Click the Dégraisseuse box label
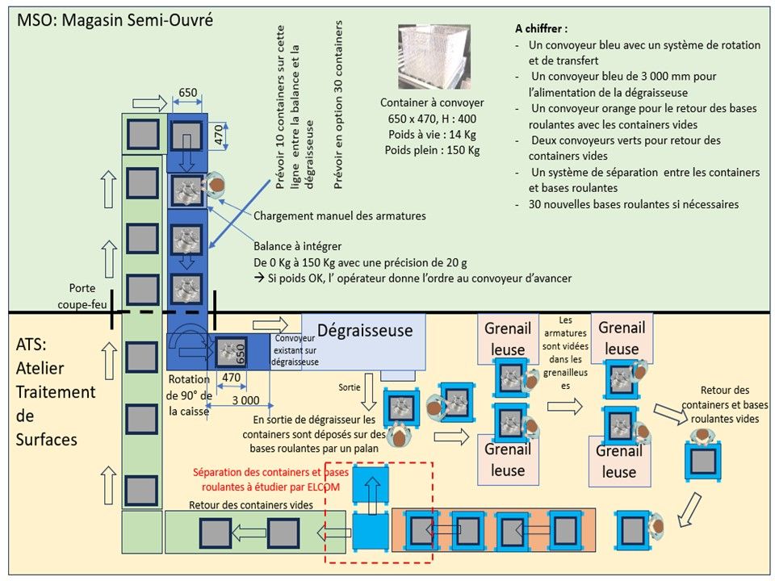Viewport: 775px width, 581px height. [x=365, y=330]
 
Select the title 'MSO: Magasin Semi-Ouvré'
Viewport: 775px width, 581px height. [x=115, y=20]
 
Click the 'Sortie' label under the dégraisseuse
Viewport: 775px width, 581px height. [x=349, y=387]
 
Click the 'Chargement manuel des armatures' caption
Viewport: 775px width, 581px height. [x=339, y=215]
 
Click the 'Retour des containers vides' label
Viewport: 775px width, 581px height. [x=251, y=505]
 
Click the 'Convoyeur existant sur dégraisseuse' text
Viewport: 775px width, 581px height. [x=295, y=351]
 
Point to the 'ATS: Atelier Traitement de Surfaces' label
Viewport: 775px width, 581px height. [x=55, y=391]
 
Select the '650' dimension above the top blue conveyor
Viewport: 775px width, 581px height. [x=187, y=93]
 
